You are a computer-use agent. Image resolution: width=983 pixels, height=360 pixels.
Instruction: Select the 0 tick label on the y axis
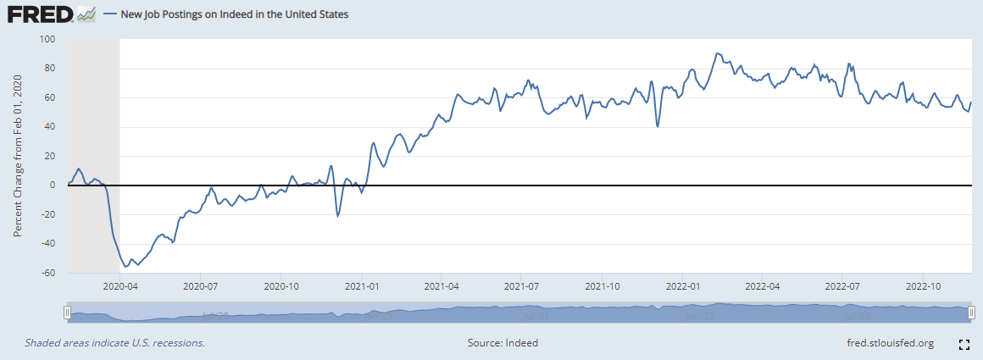(53, 185)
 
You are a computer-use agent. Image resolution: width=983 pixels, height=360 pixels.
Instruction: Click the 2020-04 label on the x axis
(119, 286)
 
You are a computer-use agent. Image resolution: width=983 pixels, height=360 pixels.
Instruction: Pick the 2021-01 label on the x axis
(362, 286)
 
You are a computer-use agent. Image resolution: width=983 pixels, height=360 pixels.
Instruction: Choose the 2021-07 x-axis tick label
(523, 286)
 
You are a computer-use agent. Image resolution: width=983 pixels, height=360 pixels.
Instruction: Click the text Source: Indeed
(503, 343)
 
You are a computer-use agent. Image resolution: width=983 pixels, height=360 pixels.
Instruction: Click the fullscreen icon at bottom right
(964, 344)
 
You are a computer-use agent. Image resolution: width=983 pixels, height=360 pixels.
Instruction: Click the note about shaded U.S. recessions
(114, 343)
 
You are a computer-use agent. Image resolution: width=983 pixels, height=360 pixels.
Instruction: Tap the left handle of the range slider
(67, 313)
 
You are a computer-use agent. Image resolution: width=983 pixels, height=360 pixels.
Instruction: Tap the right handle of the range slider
(971, 313)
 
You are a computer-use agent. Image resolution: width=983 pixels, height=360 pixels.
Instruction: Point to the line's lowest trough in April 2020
(126, 267)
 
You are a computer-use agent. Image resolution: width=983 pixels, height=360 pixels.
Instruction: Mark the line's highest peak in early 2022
(717, 53)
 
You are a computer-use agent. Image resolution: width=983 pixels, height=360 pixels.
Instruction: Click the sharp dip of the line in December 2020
(337, 215)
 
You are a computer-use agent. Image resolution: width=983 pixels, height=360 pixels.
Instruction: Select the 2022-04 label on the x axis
(762, 286)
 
